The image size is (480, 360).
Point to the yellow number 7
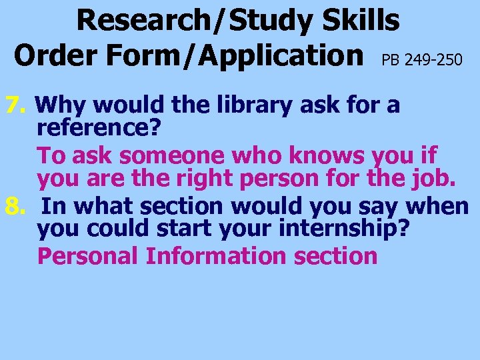(x=15, y=105)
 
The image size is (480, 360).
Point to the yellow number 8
(x=15, y=207)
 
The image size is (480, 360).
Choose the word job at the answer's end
(x=438, y=179)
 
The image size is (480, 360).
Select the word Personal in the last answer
(x=88, y=256)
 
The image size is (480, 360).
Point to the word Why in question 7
(x=58, y=105)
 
